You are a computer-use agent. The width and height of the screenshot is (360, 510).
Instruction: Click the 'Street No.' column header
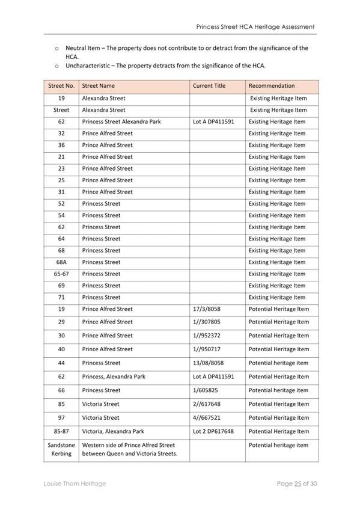coord(61,86)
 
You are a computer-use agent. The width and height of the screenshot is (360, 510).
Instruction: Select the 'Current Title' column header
coord(209,86)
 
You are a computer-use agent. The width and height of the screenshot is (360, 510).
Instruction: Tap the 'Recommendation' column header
coord(272,86)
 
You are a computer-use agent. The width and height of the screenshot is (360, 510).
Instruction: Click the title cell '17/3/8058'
coord(207,309)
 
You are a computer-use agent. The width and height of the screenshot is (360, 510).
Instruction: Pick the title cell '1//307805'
coord(207,322)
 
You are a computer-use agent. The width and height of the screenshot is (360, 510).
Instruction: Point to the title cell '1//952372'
coord(207,336)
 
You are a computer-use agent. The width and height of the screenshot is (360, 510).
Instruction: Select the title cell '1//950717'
coord(207,349)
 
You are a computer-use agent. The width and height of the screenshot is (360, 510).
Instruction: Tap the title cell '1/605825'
coord(206,390)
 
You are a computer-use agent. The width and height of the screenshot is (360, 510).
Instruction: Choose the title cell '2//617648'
coord(207,404)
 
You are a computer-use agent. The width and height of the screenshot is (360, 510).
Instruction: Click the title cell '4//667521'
coord(207,418)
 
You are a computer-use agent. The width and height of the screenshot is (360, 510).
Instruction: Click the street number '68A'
coord(61,262)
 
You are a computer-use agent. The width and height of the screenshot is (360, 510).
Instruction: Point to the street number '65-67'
coord(61,274)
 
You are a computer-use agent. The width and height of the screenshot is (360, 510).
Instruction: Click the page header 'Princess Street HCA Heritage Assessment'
coord(255,27)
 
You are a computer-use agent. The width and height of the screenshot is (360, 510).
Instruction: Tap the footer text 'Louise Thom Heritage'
coord(75,484)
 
